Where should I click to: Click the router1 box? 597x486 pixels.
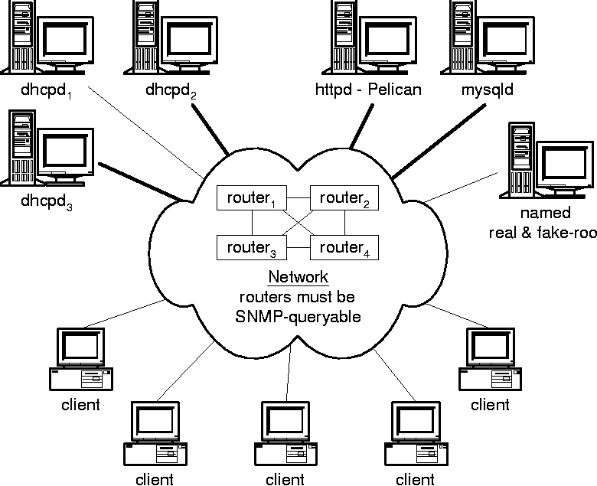[252, 199]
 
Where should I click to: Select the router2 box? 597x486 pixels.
[344, 199]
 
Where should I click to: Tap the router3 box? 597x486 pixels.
[252, 248]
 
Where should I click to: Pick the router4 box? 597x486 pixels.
[344, 248]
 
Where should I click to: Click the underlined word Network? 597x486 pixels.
[298, 278]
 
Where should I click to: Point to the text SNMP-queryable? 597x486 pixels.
[298, 315]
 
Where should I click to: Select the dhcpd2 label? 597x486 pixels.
[171, 91]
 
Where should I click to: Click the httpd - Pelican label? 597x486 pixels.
[368, 90]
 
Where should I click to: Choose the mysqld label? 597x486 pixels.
[488, 90]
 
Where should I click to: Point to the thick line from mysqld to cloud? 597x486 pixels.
[439, 142]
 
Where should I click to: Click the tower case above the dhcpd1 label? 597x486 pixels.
[20, 34]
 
